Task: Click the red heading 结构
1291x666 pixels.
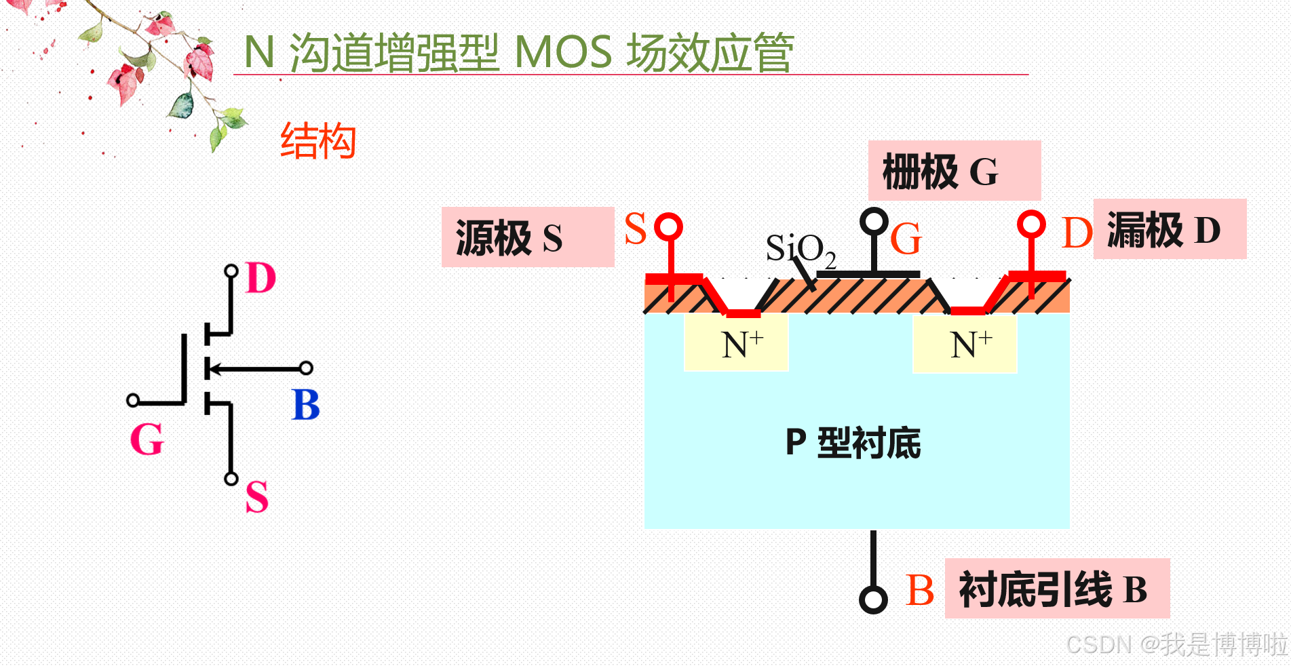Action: [x=318, y=141]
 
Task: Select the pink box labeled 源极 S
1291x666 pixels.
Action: [x=527, y=237]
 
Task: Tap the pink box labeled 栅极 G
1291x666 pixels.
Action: [x=954, y=171]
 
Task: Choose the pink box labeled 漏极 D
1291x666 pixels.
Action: [x=1170, y=229]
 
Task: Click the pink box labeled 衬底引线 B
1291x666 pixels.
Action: [x=1056, y=589]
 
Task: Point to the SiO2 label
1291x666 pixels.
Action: [x=800, y=249]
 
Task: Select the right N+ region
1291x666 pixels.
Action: [x=965, y=344]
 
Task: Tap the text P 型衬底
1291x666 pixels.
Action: [x=853, y=443]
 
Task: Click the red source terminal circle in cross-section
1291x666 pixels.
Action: [x=670, y=226]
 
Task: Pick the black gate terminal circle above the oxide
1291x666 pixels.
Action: [x=874, y=220]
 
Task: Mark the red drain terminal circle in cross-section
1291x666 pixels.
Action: [x=1031, y=224]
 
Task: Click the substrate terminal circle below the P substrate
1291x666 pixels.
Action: [x=873, y=600]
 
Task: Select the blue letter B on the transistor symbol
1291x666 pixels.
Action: [x=305, y=405]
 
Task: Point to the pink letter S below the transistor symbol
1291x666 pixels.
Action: [x=257, y=496]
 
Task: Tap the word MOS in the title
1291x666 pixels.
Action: [x=562, y=52]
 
